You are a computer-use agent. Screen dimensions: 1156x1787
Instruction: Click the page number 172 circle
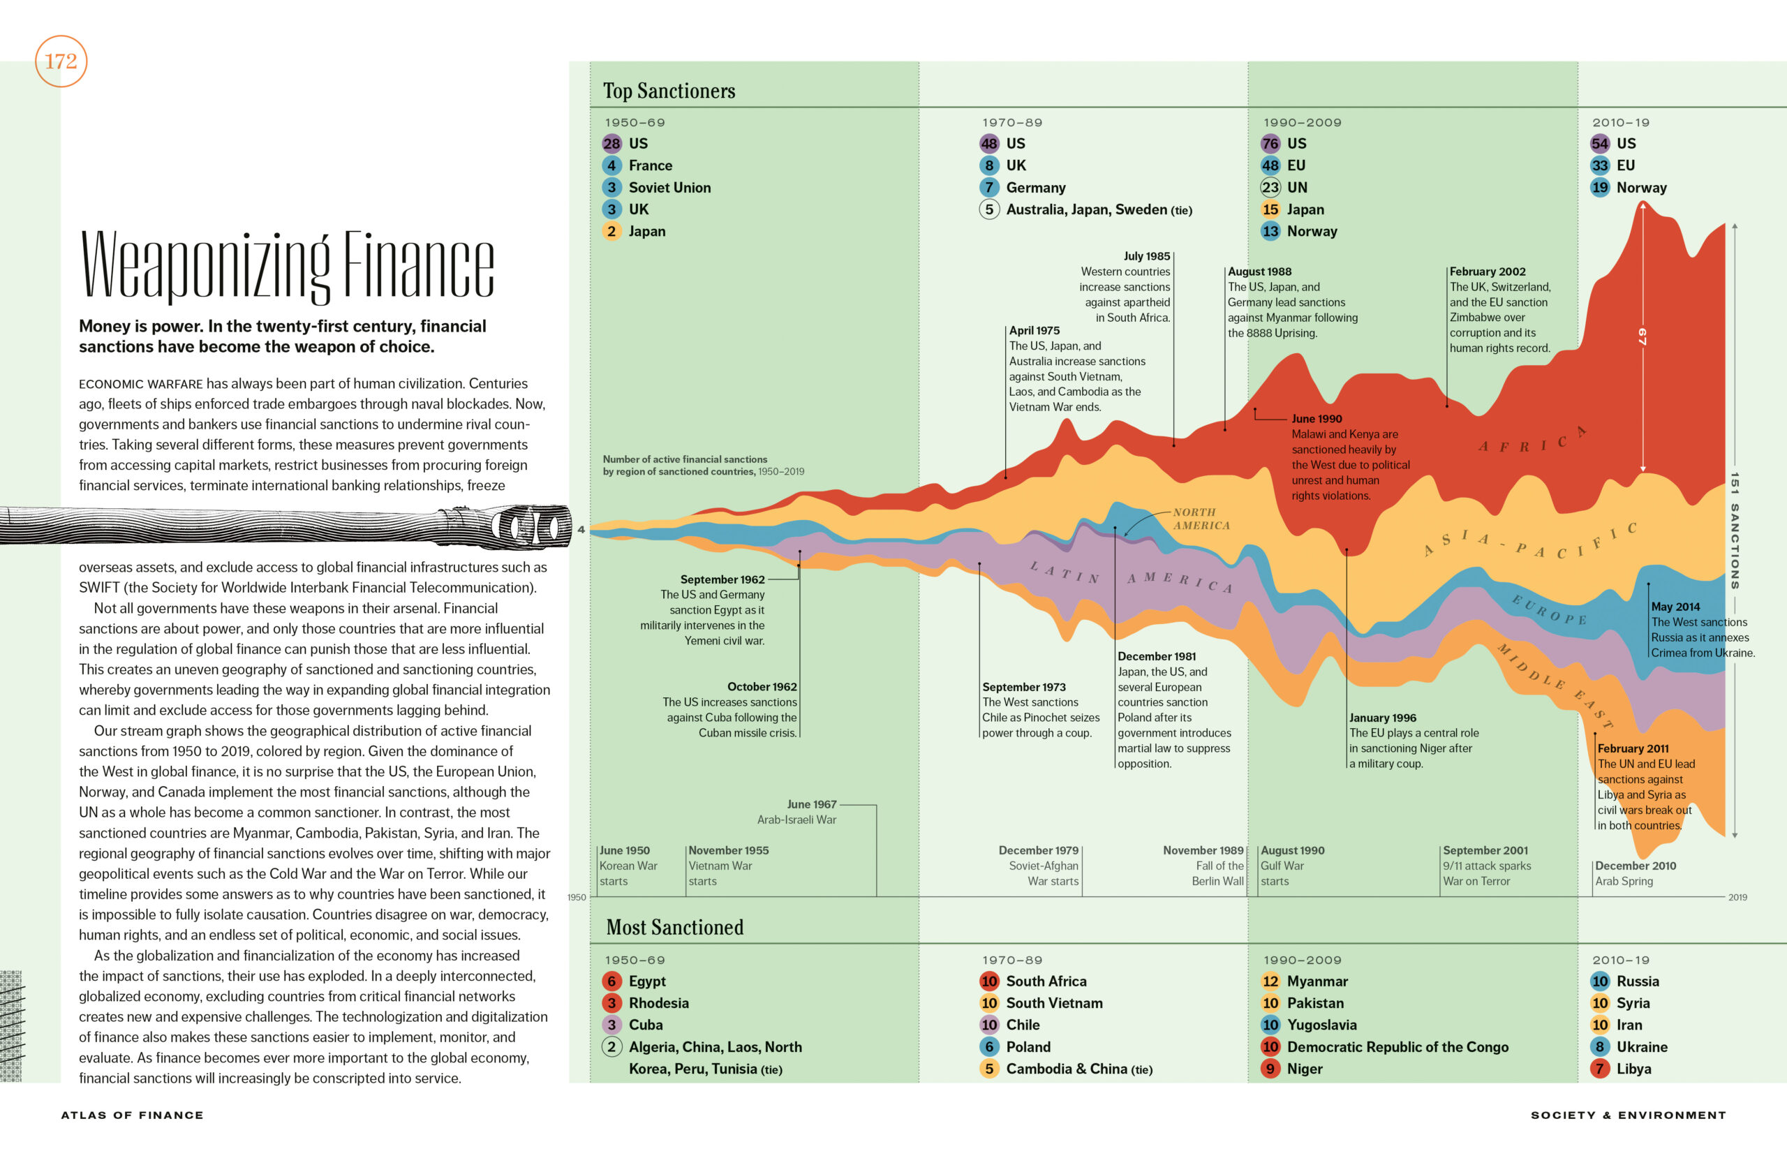point(61,61)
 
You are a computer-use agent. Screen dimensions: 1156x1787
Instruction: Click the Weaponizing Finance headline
point(287,266)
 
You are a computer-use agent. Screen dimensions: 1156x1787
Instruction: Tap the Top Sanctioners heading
point(669,91)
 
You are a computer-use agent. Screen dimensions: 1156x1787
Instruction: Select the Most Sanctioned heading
point(674,928)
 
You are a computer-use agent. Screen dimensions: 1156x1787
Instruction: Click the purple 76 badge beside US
point(1270,143)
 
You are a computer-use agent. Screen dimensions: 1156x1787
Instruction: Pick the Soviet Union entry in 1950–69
point(669,188)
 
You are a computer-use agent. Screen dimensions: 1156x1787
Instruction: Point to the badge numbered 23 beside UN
point(1270,188)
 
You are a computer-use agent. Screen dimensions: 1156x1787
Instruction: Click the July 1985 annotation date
point(1146,256)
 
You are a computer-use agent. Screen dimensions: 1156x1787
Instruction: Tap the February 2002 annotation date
point(1487,272)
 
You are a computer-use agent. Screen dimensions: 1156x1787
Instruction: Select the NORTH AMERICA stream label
point(1201,519)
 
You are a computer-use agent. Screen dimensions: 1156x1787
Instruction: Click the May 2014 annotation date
point(1675,607)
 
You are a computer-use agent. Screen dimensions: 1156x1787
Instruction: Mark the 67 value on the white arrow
point(1642,336)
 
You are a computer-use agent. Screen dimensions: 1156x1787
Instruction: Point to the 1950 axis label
point(577,897)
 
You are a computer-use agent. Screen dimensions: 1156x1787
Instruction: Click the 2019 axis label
point(1737,897)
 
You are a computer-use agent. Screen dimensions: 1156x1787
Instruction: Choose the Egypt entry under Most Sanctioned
point(646,981)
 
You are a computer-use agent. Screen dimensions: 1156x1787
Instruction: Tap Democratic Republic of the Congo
point(1397,1047)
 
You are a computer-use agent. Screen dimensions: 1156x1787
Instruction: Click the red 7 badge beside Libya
point(1599,1069)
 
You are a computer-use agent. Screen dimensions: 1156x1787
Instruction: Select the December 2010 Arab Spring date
point(1636,866)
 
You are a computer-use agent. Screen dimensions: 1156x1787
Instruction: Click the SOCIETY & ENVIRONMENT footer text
point(1628,1116)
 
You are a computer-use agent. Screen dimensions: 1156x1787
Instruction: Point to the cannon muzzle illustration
point(533,526)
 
